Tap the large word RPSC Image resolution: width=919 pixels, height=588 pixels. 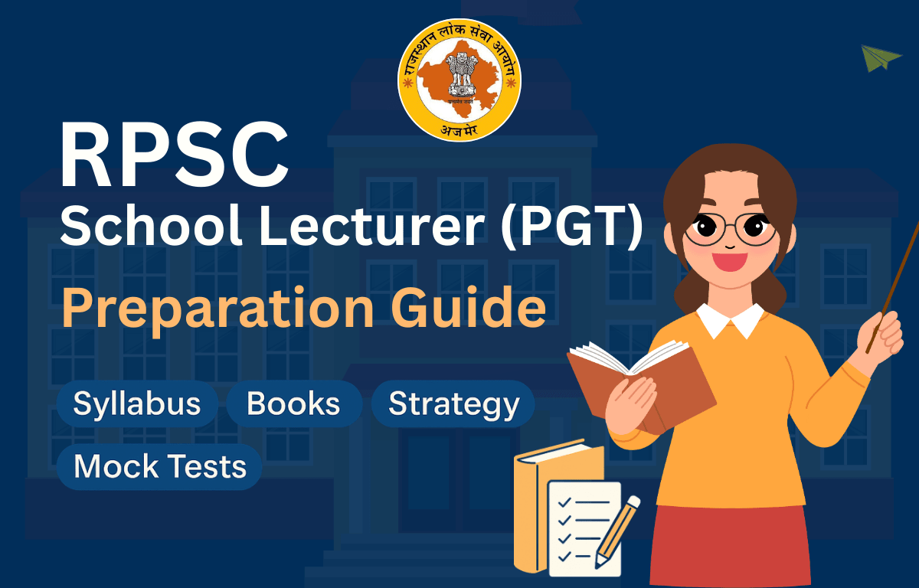[x=175, y=160]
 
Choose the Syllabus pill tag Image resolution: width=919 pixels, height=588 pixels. [x=137, y=403]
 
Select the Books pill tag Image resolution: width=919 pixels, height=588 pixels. [x=293, y=403]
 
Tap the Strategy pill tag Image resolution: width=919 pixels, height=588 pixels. [x=453, y=403]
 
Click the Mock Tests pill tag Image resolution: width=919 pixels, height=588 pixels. [x=160, y=466]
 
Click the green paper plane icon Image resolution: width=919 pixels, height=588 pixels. [x=881, y=58]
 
